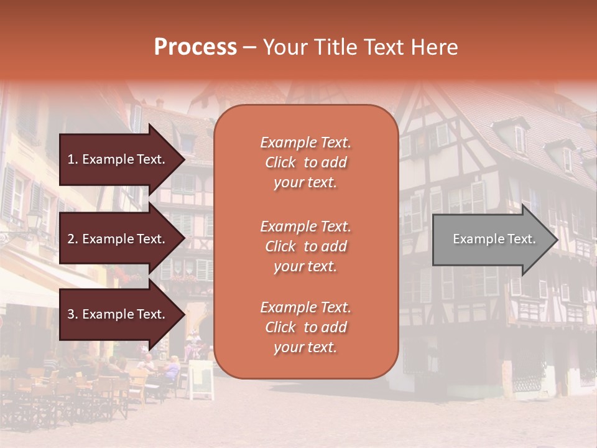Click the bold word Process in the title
195,47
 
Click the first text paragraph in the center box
305,162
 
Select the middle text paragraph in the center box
305,246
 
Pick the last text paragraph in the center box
305,327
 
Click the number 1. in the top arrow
73,159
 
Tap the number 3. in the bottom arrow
73,314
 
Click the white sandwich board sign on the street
201,379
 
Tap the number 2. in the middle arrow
73,239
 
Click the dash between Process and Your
249,47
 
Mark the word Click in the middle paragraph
280,246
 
